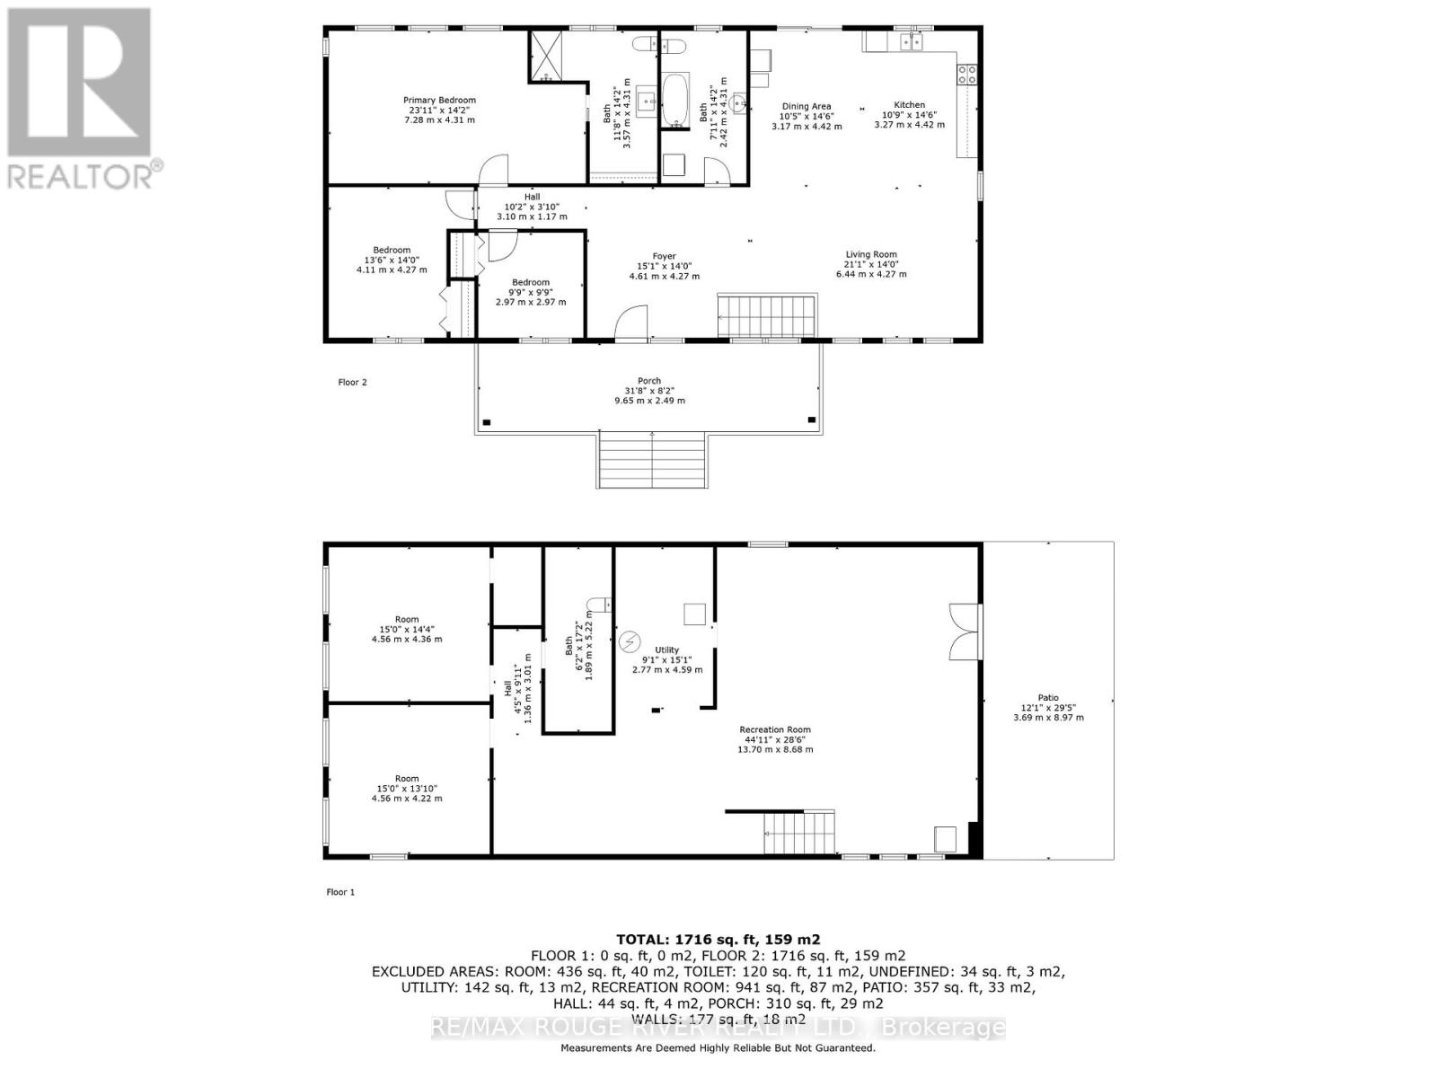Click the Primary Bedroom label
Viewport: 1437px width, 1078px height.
coord(439,110)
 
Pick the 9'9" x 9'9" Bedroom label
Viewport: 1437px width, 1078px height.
coord(530,292)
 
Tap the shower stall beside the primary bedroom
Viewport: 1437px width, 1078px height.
coord(543,56)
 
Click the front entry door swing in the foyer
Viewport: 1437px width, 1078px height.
coord(631,323)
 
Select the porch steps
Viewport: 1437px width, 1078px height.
coord(652,460)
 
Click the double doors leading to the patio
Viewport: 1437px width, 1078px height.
coord(965,632)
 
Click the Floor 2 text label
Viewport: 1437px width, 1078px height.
coord(352,383)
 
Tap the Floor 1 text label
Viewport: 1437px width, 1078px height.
coord(340,892)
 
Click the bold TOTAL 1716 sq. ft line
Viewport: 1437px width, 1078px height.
coord(718,940)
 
